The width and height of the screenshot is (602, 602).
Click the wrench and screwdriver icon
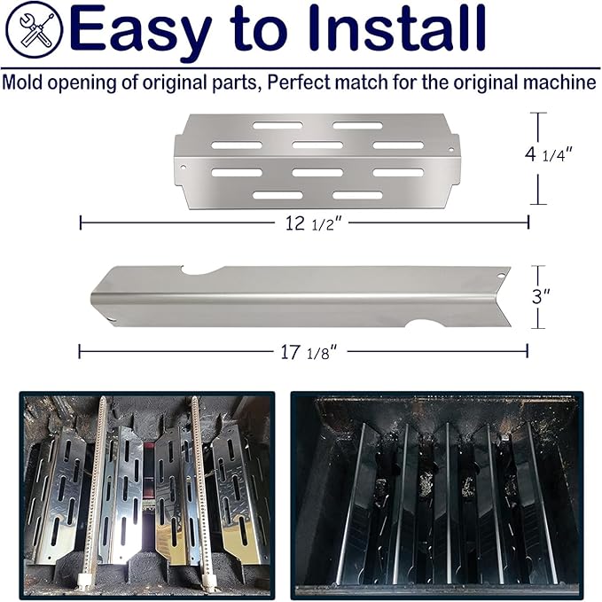point(35,29)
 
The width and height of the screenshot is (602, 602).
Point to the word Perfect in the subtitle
point(299,82)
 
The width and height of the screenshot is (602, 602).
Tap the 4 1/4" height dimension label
point(549,154)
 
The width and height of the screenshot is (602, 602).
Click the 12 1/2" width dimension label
point(313,223)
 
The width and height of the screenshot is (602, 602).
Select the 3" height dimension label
point(541,296)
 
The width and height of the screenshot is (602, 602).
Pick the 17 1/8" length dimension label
point(309,352)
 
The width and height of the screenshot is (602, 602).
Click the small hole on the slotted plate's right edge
point(451,149)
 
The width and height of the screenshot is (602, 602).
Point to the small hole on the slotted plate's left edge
point(184,168)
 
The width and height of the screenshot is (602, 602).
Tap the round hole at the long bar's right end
point(500,276)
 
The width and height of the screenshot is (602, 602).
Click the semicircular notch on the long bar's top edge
point(200,271)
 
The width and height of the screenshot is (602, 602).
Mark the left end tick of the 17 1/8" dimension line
point(80,351)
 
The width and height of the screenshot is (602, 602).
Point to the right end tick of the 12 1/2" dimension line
point(528,223)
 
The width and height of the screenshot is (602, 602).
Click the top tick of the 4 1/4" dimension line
point(538,113)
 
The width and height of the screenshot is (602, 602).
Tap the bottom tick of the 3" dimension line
point(538,328)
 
